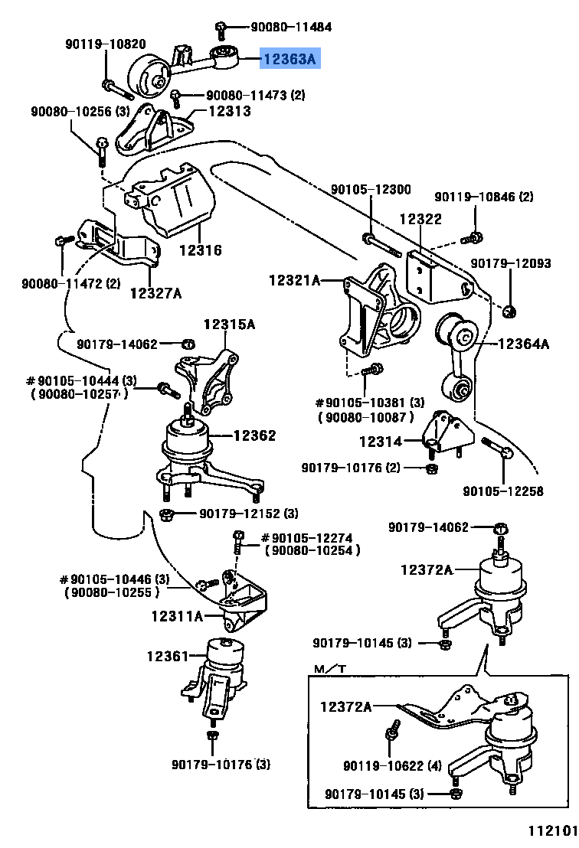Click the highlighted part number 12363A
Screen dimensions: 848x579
click(289, 59)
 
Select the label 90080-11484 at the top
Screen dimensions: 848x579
click(291, 28)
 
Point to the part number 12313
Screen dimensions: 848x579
click(227, 110)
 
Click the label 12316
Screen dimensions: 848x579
click(201, 250)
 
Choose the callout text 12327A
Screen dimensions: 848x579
click(155, 292)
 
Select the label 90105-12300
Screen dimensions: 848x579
click(371, 190)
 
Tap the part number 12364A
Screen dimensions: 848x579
click(524, 344)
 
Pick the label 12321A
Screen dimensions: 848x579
click(294, 281)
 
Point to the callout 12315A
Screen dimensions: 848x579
click(229, 325)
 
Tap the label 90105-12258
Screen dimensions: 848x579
click(503, 491)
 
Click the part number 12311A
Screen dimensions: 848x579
click(177, 615)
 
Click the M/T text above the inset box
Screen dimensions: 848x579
click(330, 670)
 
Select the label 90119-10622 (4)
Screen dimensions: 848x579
click(392, 765)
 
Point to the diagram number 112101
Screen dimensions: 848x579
click(549, 831)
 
